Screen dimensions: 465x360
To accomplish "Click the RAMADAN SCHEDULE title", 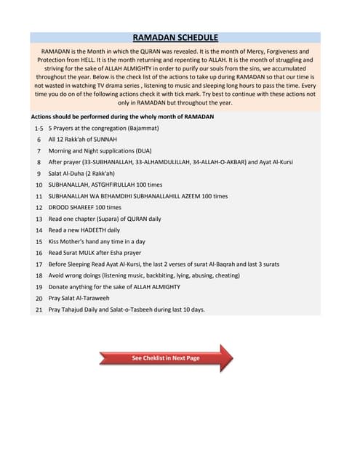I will [175, 37].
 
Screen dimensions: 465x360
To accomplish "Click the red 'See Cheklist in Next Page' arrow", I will [166, 358].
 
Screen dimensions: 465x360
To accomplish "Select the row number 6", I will [39, 139].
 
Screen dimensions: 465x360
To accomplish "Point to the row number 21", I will [39, 310].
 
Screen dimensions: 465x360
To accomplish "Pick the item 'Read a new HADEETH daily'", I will [84, 230].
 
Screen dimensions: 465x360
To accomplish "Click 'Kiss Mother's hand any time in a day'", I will [97, 241].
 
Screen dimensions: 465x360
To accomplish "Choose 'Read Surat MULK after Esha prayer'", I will [95, 253].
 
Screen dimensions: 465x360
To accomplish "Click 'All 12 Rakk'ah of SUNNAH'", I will [82, 139].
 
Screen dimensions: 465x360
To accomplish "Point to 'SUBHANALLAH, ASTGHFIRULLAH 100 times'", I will [105, 185].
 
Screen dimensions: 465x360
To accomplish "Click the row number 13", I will [39, 219].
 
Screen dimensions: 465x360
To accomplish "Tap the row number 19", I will [39, 287].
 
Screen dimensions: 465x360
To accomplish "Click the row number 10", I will [39, 185].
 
